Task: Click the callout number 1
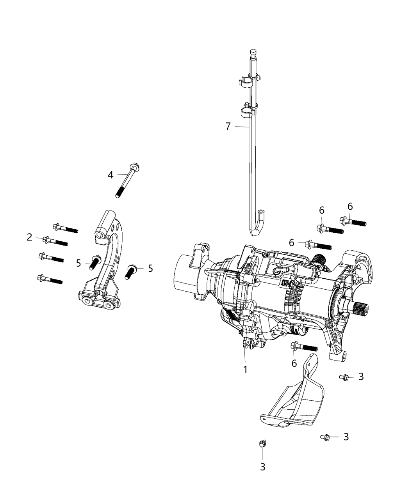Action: [245, 369]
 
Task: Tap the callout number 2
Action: [30, 237]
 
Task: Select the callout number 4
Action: [111, 175]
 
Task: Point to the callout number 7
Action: [228, 126]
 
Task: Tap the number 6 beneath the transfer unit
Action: [294, 363]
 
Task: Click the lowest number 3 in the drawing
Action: [262, 467]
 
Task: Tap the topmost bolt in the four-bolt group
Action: [65, 228]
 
